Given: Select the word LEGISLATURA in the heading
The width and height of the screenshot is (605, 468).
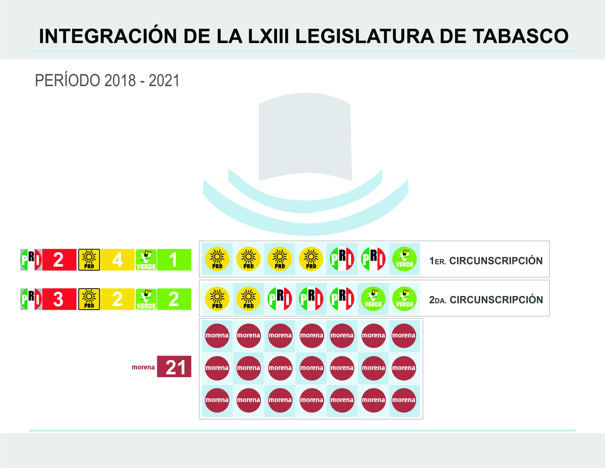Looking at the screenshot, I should click(365, 36).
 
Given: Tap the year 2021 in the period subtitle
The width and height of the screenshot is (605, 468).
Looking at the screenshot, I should click(164, 81).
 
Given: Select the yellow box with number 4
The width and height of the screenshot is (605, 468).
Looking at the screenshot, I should click(117, 260).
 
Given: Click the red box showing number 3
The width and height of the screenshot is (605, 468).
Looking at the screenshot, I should click(59, 299).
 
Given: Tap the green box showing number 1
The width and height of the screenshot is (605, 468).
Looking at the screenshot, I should click(174, 260).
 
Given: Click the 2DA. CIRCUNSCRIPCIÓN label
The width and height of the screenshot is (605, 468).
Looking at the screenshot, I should click(486, 300).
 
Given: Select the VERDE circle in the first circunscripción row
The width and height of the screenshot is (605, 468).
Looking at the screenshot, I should click(404, 259).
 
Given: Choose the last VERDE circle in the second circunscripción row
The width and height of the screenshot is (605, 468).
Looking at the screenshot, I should click(404, 299).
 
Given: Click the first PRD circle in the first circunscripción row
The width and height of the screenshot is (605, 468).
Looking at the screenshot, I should click(217, 259).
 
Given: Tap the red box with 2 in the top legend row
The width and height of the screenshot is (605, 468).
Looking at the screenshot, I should click(59, 260).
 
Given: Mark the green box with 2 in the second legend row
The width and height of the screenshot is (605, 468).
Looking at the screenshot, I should click(174, 299).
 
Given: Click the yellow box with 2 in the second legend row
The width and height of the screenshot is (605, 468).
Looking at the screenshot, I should click(117, 299).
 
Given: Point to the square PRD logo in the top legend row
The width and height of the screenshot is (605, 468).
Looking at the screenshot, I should click(89, 260).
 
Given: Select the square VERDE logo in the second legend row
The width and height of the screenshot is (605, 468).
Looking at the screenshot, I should click(146, 299).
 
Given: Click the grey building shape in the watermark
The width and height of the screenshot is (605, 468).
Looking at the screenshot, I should click(305, 136).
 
